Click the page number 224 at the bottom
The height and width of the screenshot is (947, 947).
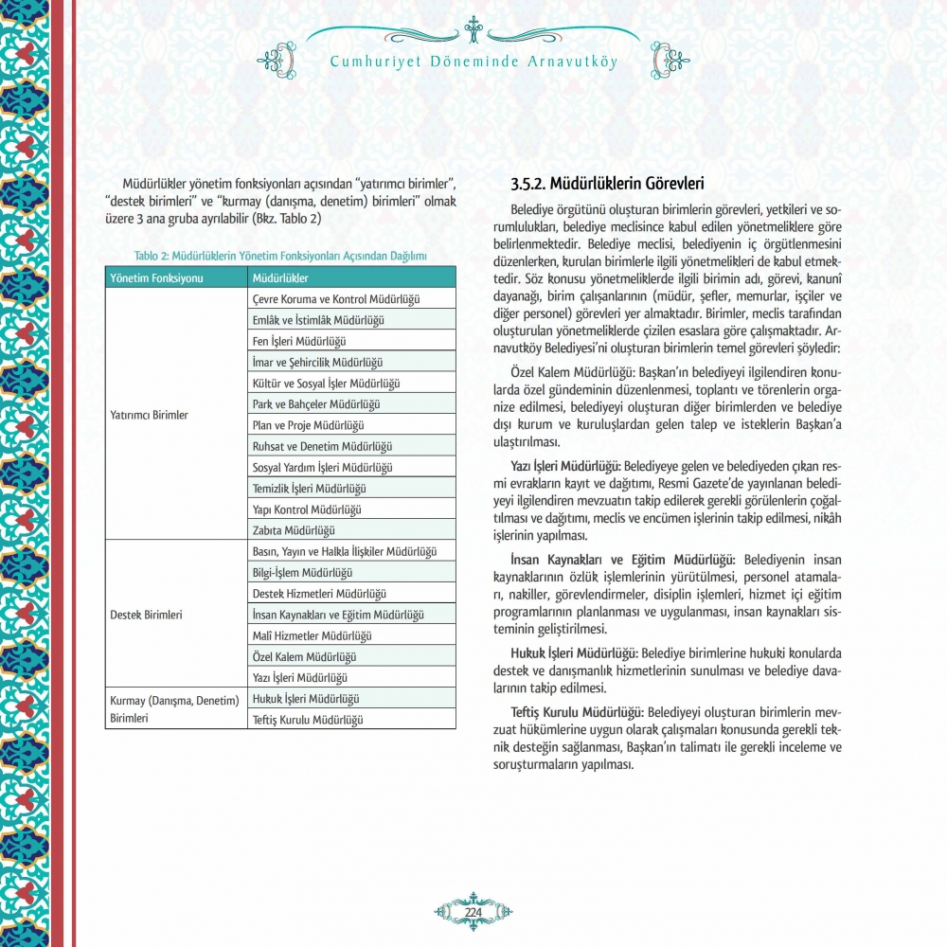click(473, 911)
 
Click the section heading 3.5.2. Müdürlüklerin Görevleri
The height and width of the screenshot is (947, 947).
click(607, 183)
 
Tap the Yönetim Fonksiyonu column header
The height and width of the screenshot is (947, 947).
click(156, 277)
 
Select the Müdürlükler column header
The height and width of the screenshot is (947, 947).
click(280, 277)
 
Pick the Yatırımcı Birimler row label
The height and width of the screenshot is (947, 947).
click(149, 415)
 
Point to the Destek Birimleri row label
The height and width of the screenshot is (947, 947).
click(146, 614)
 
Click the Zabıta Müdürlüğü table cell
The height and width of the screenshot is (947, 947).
click(294, 530)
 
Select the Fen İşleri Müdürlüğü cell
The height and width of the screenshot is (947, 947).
click(299, 341)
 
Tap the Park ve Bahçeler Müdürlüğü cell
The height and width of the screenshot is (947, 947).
click(316, 404)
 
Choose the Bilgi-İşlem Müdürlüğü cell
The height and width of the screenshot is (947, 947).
click(302, 573)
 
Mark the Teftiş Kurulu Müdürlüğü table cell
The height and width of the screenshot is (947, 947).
click(308, 720)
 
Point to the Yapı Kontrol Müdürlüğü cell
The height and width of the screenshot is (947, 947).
click(308, 509)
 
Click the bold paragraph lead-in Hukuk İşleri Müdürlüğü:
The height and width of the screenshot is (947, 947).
click(575, 653)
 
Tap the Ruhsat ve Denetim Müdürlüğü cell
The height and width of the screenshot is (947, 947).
click(323, 446)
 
